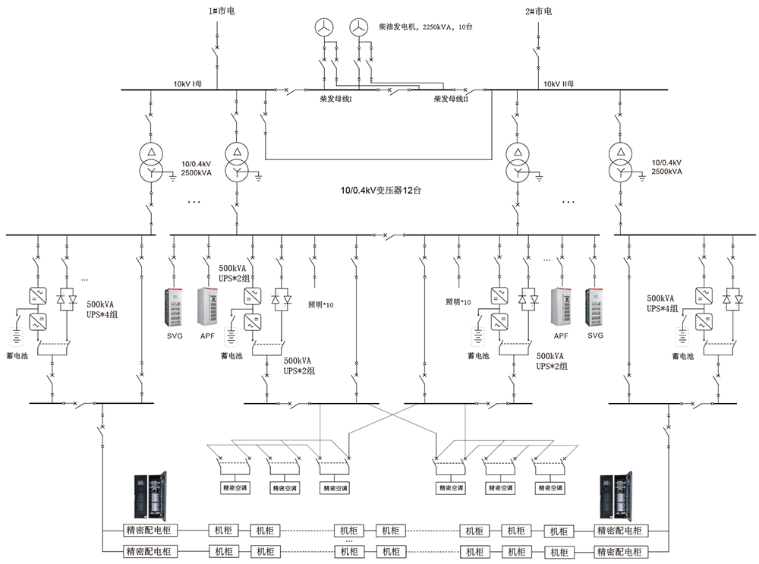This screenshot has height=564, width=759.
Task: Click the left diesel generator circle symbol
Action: (324, 27)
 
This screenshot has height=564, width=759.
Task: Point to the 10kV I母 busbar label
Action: (187, 83)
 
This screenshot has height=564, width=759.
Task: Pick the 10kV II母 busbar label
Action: (557, 83)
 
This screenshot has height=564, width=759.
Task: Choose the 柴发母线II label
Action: (451, 99)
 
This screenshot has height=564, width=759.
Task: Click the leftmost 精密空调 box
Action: (235, 487)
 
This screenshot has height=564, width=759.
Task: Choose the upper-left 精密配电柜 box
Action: (149, 530)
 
